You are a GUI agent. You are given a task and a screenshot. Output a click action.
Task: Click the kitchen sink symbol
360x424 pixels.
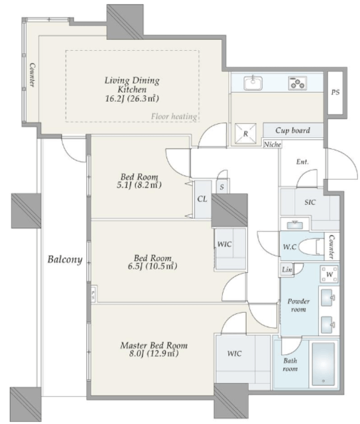point(253,83)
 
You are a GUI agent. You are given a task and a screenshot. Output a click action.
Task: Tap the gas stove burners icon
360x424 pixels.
point(298,83)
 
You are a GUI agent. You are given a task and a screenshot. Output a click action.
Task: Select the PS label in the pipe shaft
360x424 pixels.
point(335,92)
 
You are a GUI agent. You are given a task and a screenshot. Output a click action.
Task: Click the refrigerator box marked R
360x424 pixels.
point(245,134)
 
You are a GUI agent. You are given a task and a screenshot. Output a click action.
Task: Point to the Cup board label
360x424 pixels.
point(292,131)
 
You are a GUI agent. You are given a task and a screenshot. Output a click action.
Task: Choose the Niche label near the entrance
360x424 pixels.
point(272,144)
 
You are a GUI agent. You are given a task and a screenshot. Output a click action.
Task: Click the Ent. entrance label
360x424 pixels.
point(302,162)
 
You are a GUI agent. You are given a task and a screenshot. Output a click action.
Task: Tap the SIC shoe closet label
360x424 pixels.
point(310,202)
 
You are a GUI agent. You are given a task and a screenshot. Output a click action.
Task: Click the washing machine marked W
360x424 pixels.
point(330,274)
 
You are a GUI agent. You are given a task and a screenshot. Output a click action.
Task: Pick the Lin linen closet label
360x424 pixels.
point(286,270)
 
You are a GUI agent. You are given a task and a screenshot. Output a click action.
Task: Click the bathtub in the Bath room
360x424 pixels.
point(324,364)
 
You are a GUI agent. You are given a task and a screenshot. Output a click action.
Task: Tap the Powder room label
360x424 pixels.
point(298,305)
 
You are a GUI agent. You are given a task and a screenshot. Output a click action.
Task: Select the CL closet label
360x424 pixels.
point(202,199)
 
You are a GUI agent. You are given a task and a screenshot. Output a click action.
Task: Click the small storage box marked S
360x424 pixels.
point(222,187)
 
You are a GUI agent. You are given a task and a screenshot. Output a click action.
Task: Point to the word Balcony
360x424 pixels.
point(65,259)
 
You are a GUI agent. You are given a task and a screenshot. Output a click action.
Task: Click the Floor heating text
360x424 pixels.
point(174,117)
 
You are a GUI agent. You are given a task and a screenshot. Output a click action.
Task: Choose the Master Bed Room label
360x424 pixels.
point(154,345)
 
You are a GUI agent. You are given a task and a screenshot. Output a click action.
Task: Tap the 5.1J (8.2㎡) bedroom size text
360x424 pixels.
point(139,185)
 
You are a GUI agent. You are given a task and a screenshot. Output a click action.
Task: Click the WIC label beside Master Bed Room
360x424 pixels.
point(235,353)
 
